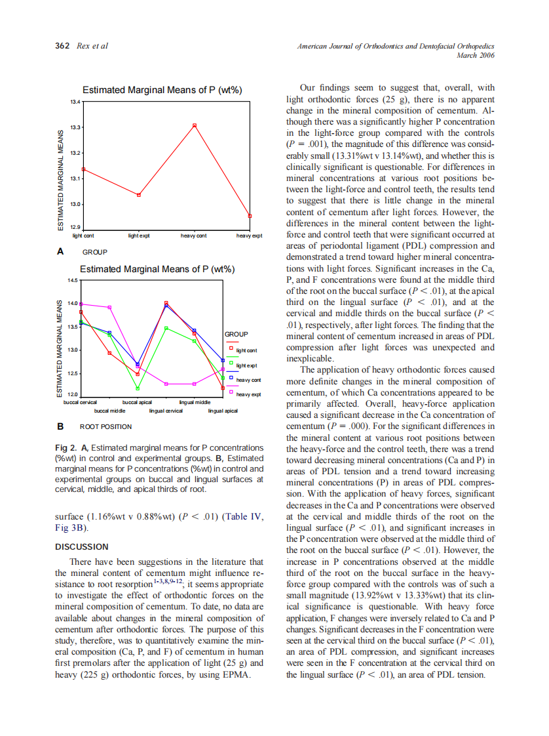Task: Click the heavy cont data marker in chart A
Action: [x=195, y=125]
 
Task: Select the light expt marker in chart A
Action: [x=139, y=195]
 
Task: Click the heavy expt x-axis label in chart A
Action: [x=249, y=235]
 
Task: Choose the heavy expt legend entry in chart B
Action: [x=248, y=394]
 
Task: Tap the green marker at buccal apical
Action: [x=138, y=388]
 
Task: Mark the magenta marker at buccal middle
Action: [x=109, y=307]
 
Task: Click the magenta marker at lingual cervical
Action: [x=166, y=384]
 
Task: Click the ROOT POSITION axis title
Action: [x=105, y=427]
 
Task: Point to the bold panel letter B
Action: [x=60, y=426]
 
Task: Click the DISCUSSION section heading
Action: [x=81, y=546]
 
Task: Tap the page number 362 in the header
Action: [x=62, y=46]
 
